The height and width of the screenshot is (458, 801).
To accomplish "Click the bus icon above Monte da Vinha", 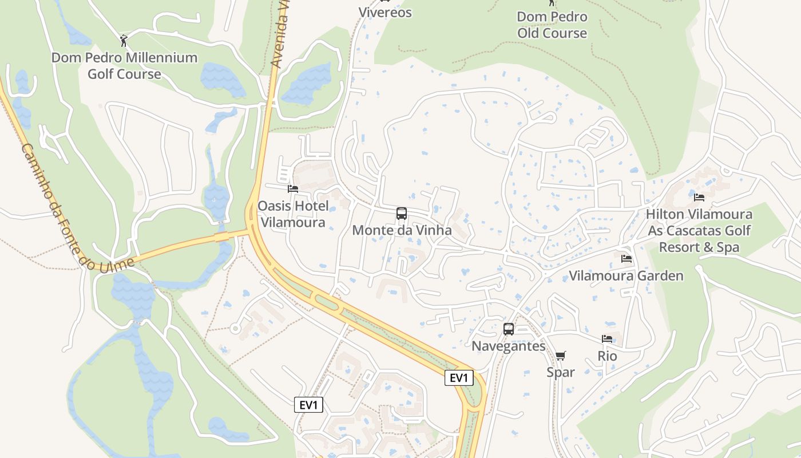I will [x=402, y=214].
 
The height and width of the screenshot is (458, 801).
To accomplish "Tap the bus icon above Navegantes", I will [x=508, y=329].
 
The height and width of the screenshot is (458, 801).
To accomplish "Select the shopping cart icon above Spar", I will [x=561, y=356].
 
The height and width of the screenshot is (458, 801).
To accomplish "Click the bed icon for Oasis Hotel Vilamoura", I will [x=293, y=189].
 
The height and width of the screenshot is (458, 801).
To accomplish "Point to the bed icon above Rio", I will [x=607, y=339].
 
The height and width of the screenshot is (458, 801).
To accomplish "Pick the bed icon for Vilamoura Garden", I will [x=626, y=259].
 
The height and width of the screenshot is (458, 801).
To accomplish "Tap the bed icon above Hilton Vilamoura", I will [x=699, y=198].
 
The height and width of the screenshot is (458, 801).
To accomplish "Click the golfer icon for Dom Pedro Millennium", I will [x=124, y=41].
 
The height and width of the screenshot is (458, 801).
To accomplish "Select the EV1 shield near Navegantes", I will [x=459, y=378].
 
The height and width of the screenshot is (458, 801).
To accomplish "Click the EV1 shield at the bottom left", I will [x=309, y=405].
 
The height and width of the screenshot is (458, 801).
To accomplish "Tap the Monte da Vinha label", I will [x=402, y=230].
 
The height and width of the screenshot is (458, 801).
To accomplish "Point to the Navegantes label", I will [x=508, y=346].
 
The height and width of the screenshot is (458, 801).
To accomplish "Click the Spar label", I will [x=561, y=372].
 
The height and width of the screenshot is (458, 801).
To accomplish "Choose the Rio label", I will [x=607, y=356].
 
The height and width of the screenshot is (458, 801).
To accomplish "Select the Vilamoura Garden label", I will [x=626, y=276].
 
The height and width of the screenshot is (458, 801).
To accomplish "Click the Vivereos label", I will [x=385, y=12].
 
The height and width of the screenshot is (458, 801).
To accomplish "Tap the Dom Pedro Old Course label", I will [x=552, y=25].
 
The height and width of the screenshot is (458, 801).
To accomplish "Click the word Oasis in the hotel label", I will [x=274, y=206].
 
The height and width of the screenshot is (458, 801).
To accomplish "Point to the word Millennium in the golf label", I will [x=161, y=58].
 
